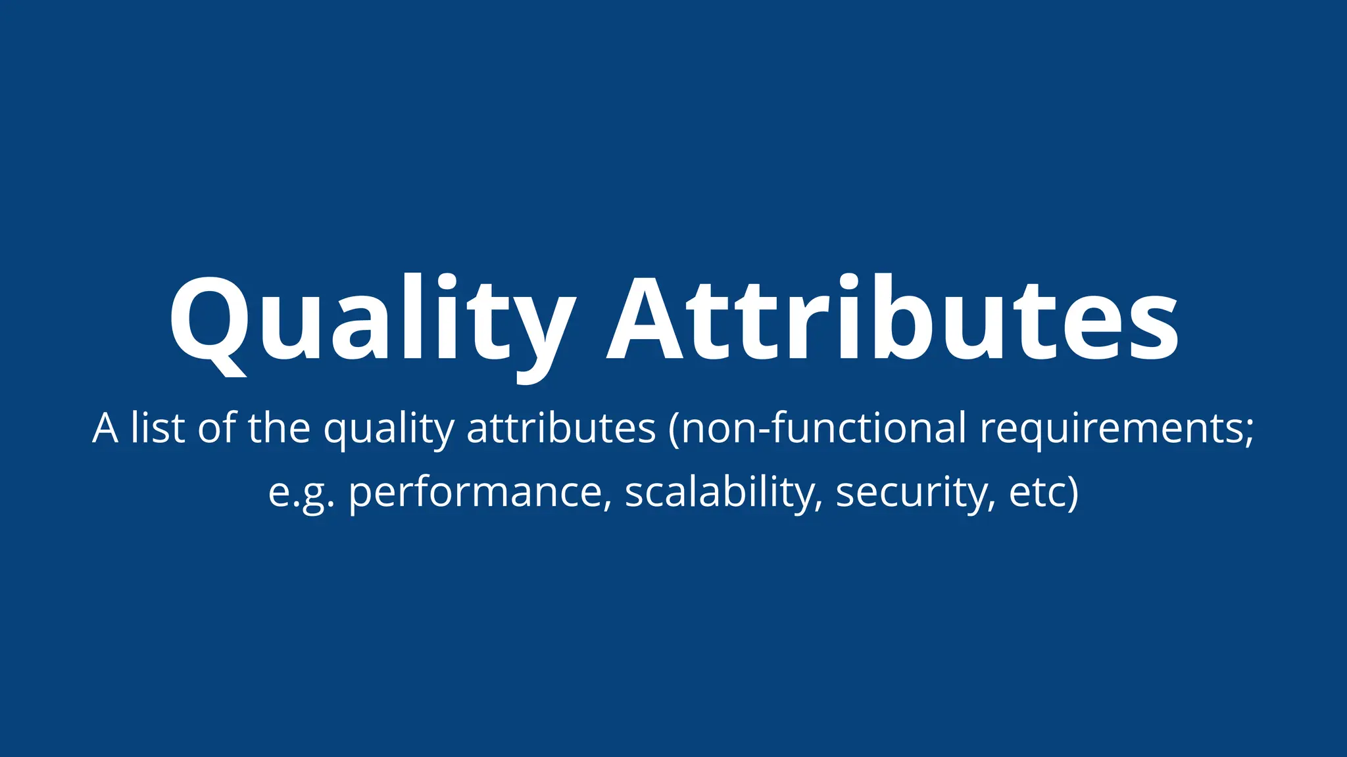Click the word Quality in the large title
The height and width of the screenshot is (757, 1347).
372,319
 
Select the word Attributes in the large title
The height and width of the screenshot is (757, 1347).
892,319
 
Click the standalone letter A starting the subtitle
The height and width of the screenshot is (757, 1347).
105,428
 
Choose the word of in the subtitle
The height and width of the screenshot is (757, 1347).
217,428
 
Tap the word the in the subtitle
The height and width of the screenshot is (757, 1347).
279,428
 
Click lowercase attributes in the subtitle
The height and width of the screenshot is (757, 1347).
561,428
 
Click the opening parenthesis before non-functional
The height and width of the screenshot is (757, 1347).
673,429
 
